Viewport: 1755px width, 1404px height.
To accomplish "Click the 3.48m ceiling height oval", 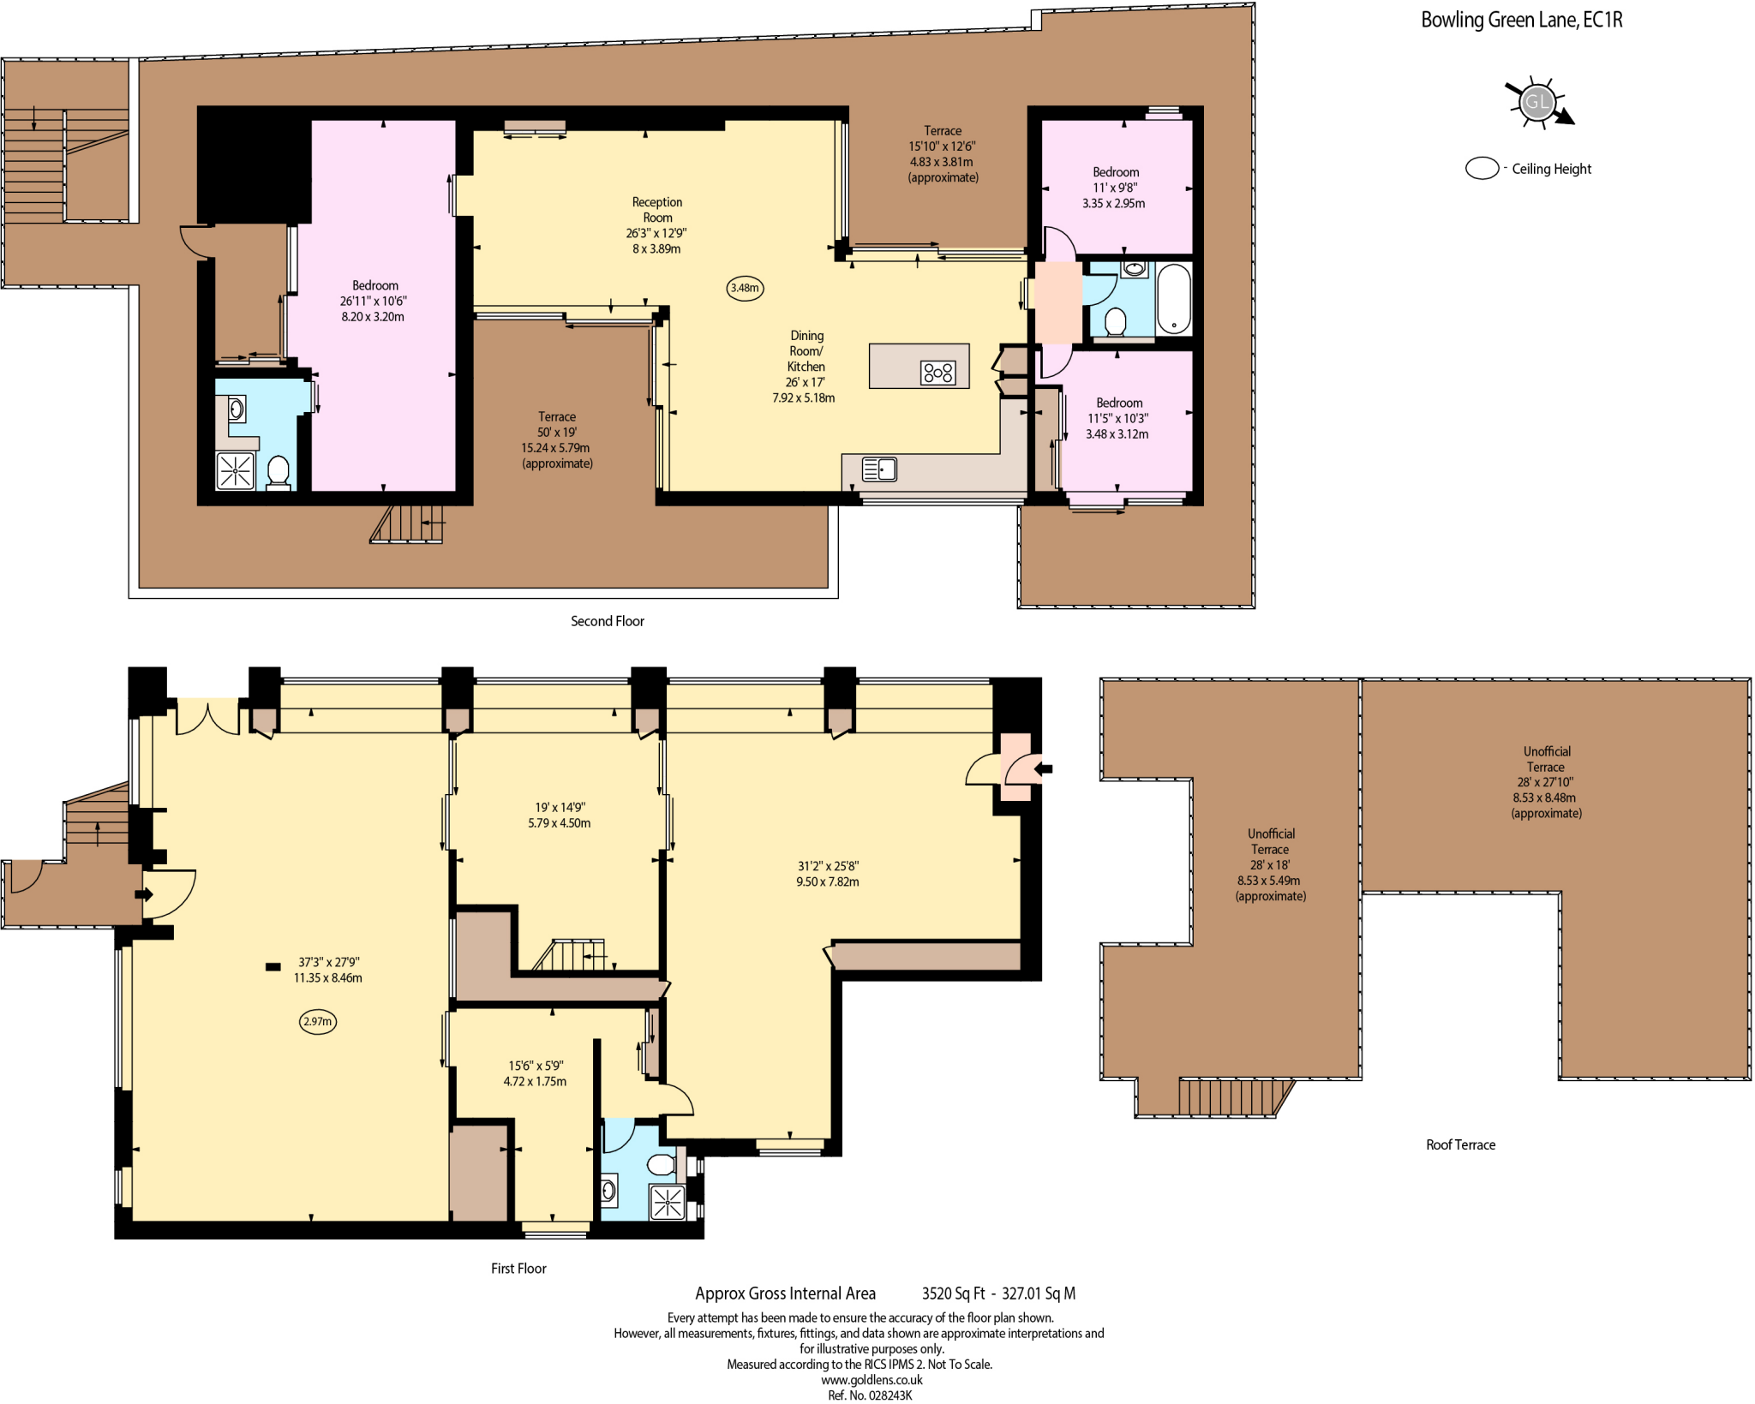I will coord(745,288).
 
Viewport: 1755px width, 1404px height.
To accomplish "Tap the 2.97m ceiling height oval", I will coord(317,1021).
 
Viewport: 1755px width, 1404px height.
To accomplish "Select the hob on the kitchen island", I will coord(937,373).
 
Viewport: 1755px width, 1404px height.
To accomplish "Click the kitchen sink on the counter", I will coord(879,469).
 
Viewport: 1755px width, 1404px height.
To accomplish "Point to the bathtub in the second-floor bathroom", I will coord(1174,299).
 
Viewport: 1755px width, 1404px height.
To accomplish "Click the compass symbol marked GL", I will coord(1536,103).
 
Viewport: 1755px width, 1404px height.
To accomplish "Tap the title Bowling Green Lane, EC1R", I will coord(1521,20).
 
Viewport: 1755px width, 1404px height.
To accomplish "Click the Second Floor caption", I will coord(607,621).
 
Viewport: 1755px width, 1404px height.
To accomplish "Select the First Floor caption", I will coord(518,1269).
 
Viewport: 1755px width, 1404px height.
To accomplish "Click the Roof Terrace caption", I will coord(1460,1144).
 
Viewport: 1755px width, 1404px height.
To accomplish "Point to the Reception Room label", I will coord(657,210).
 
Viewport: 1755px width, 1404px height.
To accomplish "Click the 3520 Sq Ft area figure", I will coord(953,1293).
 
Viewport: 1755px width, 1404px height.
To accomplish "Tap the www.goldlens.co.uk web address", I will coord(872,1380).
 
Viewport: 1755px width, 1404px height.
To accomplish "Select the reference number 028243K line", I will coord(870,1395).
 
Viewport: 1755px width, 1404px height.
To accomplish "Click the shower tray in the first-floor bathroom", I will coord(668,1202).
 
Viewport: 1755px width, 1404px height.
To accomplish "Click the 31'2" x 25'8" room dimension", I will coord(828,866).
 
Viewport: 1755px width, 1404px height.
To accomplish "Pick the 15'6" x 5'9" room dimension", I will coord(536,1066).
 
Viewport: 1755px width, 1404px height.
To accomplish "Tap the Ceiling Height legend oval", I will coord(1482,169).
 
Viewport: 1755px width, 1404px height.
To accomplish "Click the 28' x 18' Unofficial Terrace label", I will coord(1270,864).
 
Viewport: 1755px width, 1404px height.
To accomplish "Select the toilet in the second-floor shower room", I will coord(279,470).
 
